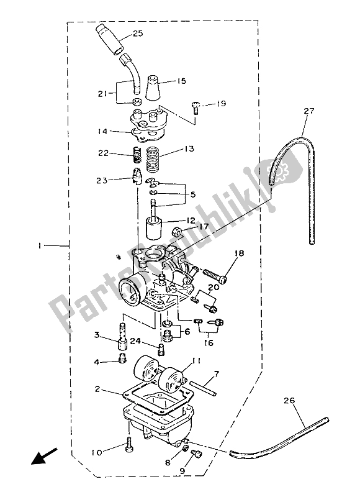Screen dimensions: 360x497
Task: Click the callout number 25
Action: pos(137,34)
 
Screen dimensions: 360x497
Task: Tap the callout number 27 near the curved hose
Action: pos(309,111)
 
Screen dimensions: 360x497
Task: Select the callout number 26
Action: pos(289,401)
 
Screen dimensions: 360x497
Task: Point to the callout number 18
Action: pos(240,253)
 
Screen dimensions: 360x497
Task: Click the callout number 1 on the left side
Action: pos(40,245)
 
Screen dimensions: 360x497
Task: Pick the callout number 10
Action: pos(97,453)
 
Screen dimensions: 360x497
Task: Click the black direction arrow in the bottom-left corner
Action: pos(43,456)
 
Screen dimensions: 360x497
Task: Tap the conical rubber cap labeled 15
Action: pos(153,88)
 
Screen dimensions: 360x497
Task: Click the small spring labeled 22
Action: pos(137,155)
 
